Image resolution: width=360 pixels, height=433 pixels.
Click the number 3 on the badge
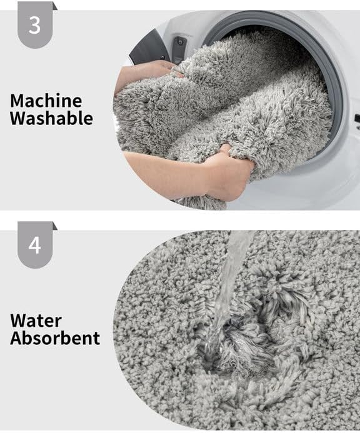35,26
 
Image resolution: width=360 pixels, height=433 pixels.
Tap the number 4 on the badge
35,244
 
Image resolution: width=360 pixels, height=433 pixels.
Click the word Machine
46,100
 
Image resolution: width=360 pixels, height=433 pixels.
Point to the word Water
36,321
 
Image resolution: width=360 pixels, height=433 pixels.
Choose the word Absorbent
55,339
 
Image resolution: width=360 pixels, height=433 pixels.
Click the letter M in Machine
17,100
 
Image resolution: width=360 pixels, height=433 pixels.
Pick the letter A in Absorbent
17,339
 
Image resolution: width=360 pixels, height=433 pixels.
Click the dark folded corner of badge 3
55,6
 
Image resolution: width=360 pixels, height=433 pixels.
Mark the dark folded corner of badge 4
55,225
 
